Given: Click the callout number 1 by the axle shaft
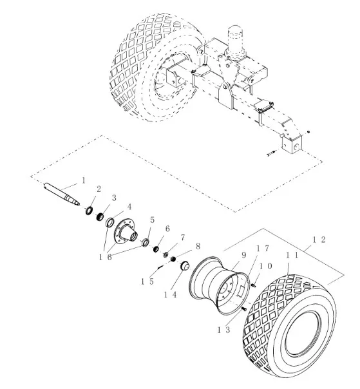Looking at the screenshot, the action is [x=84, y=180].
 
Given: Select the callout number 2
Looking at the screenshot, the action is [x=99, y=189].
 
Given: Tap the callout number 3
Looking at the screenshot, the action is [x=114, y=198].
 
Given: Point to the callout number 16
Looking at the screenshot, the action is [x=106, y=257].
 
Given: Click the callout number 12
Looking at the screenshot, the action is [x=319, y=240].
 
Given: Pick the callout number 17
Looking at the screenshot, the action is [x=263, y=249].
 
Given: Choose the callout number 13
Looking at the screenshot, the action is [x=223, y=330].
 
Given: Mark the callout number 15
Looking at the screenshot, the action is [x=147, y=281].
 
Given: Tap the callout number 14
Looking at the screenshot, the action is [x=170, y=294].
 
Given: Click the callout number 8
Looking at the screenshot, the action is [x=198, y=247].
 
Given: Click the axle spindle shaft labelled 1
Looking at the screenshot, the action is [x=62, y=193].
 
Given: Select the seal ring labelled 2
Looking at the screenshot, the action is [x=89, y=211].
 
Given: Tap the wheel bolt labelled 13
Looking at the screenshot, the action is [x=243, y=308].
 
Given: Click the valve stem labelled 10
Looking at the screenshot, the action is [x=253, y=285].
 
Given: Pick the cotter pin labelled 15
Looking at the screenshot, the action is [x=160, y=267].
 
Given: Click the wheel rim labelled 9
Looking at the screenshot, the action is [x=219, y=285].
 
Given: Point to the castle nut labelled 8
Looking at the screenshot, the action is [x=174, y=260].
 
